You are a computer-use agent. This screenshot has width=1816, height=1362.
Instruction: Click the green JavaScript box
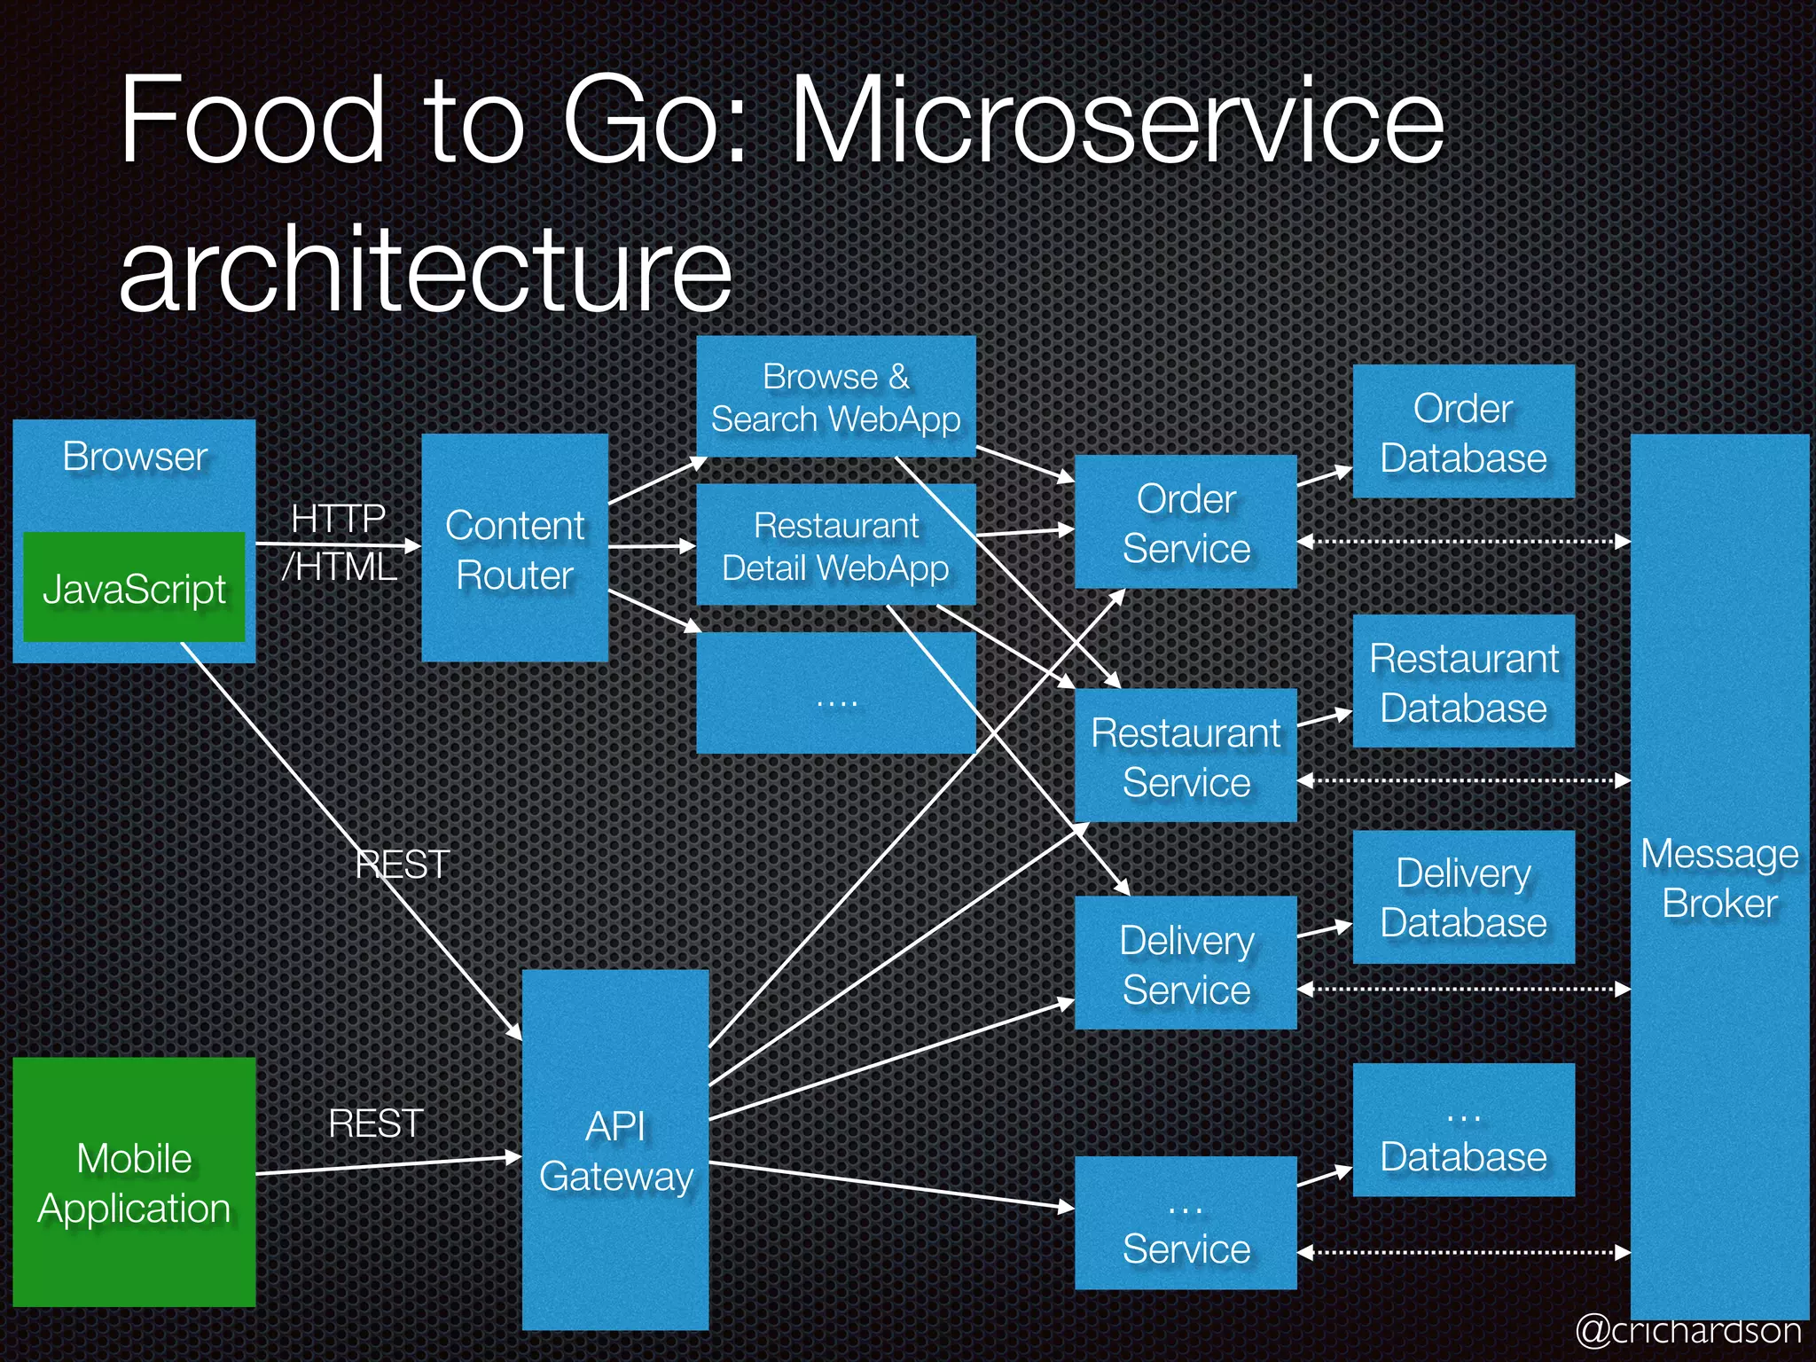pyautogui.click(x=134, y=587)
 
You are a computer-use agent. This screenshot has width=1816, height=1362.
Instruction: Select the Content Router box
pyautogui.click(x=514, y=548)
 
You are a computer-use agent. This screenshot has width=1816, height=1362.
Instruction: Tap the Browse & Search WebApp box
pyautogui.click(x=835, y=396)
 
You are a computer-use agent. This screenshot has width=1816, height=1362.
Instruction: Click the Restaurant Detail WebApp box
pyautogui.click(x=835, y=545)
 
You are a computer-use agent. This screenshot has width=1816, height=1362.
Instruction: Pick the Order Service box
pyautogui.click(x=1186, y=522)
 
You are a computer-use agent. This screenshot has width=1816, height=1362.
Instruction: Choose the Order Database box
pyautogui.click(x=1463, y=432)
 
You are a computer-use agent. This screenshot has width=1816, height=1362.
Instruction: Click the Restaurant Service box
pyautogui.click(x=1186, y=756)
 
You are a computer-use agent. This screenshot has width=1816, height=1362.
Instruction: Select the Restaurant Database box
pyautogui.click(x=1463, y=682)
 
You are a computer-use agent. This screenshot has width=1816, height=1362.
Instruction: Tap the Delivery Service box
pyautogui.click(x=1186, y=964)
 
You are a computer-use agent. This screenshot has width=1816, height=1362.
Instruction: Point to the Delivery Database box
pyautogui.click(x=1463, y=897)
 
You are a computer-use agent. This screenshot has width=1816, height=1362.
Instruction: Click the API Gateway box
pyautogui.click(x=615, y=1150)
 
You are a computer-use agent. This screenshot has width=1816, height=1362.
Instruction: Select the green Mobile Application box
pyautogui.click(x=134, y=1182)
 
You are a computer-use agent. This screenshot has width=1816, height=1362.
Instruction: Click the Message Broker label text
pyautogui.click(x=1719, y=878)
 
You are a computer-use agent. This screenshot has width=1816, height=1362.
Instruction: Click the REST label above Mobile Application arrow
pyautogui.click(x=376, y=1123)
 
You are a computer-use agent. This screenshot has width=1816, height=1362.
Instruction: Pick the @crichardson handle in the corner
pyautogui.click(x=1688, y=1330)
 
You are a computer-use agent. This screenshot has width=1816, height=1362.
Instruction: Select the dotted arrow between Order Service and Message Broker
pyautogui.click(x=1463, y=541)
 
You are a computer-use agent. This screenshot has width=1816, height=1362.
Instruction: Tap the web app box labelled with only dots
pyautogui.click(x=835, y=694)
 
